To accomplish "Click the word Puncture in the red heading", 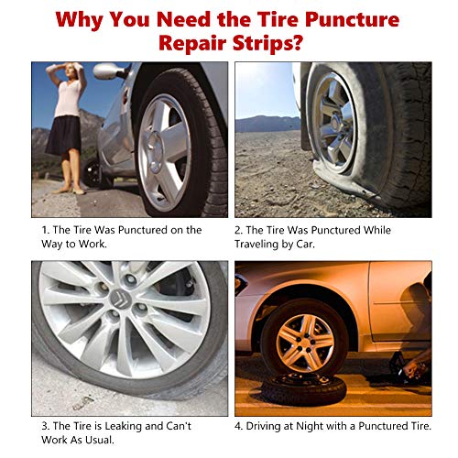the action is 352,20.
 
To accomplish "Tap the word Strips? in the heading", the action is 267,43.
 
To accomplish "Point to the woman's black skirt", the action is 63,136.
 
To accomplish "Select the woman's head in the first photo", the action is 70,71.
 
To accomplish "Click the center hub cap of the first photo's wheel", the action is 156,152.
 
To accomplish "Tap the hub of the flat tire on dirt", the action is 336,122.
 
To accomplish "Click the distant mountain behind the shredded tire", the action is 268,124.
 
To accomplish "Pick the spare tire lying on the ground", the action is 304,388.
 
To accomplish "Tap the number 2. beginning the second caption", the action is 238,230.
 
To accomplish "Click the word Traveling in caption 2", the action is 256,245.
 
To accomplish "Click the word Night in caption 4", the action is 310,426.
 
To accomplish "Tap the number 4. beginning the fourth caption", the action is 238,426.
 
